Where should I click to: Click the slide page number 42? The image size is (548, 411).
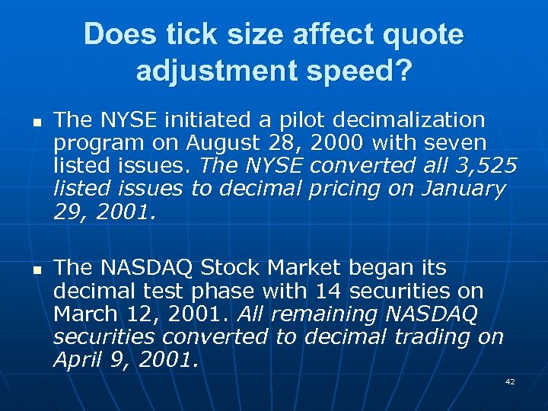coord(509,381)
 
